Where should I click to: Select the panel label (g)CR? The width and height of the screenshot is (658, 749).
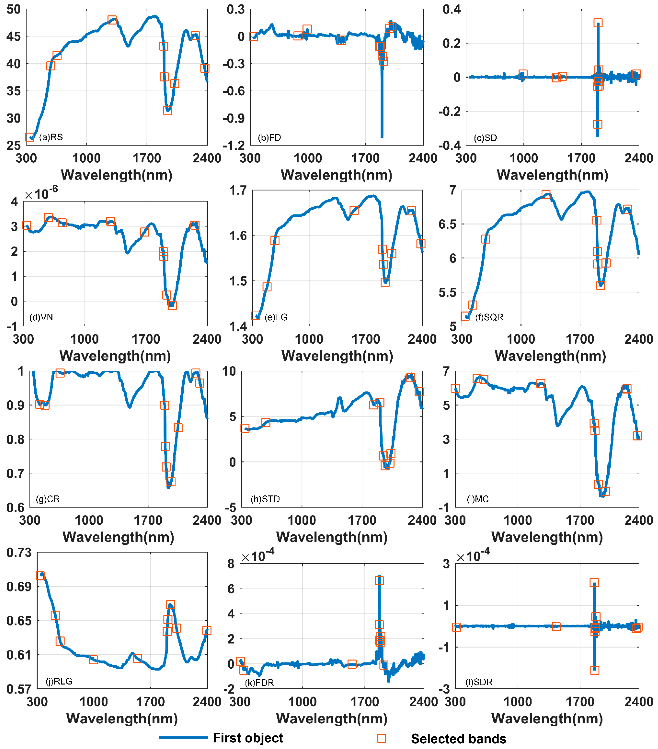click(48, 499)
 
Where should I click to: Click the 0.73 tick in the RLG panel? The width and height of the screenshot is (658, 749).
click(19, 553)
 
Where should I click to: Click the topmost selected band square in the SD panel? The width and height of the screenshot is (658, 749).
click(598, 23)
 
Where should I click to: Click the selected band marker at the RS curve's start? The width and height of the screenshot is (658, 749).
click(30, 137)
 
